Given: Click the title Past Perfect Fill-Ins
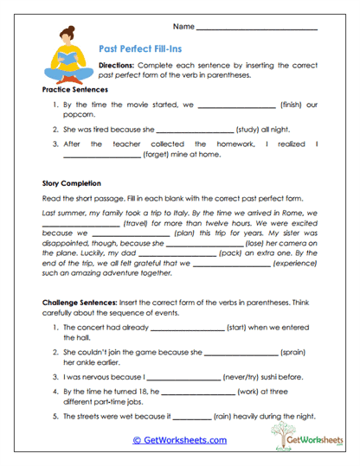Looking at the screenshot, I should coord(141,51).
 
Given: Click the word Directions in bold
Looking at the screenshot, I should coord(117,66).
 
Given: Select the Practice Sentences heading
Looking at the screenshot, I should coord(75,90).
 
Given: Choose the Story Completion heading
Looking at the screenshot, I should coord(72,183).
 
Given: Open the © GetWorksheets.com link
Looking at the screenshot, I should coord(180,440).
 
